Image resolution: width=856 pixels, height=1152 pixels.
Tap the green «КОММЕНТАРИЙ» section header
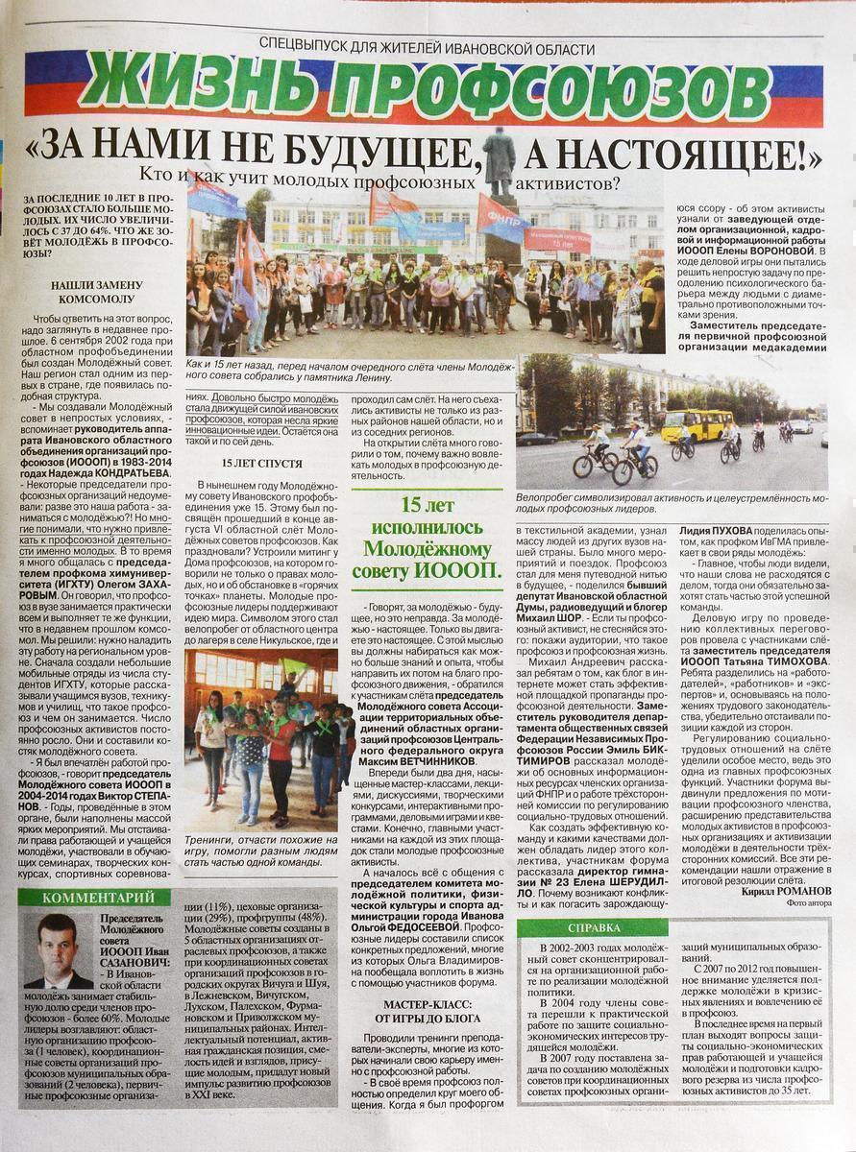click(93, 898)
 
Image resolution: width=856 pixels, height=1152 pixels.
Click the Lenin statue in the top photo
click(499, 163)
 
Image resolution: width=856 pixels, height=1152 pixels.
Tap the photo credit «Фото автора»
click(810, 903)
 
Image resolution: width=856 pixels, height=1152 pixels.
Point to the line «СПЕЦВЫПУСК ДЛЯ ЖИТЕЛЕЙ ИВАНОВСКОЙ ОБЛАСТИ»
click(427, 49)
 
